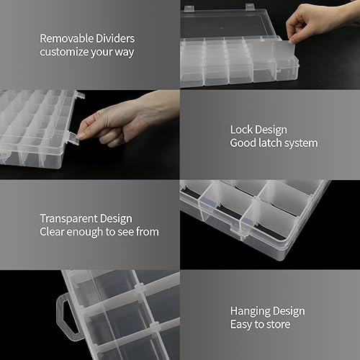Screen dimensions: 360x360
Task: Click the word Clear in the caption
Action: click(53, 232)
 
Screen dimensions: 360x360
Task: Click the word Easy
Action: click(242, 325)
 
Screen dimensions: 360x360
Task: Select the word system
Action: click(302, 143)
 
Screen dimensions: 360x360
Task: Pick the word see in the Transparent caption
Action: click(124, 232)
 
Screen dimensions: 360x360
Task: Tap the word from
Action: click(147, 232)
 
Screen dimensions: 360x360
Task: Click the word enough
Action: click(90, 232)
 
